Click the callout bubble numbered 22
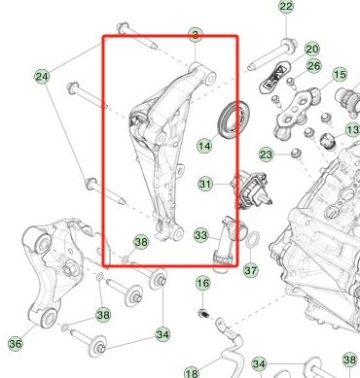[285, 8]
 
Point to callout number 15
[340, 75]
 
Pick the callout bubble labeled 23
[267, 155]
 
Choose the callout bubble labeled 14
[204, 147]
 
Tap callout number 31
[205, 183]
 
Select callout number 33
[200, 234]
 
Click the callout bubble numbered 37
[249, 270]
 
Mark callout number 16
[202, 283]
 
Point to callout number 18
[192, 372]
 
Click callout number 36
[15, 343]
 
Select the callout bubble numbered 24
[42, 76]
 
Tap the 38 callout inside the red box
[140, 242]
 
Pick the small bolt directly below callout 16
[203, 313]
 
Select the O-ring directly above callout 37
[249, 241]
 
